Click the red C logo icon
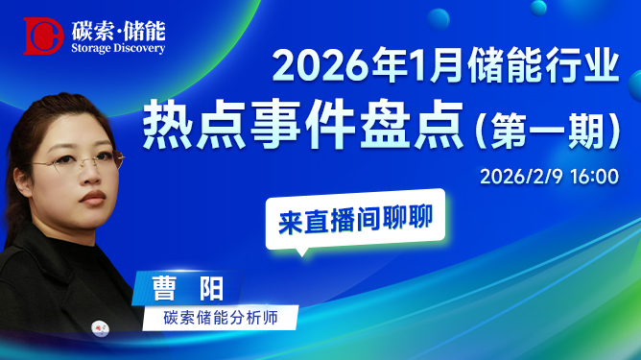[43, 36]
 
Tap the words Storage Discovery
[118, 48]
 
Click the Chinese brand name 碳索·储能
[119, 31]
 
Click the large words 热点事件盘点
[303, 124]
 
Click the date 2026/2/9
[521, 177]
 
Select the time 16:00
[594, 177]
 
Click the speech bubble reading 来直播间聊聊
[355, 220]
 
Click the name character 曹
[164, 289]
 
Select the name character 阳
[211, 289]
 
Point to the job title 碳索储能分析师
[221, 318]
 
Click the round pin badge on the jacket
[100, 328]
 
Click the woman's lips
[93, 198]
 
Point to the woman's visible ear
[21, 180]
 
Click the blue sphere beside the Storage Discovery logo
[439, 19]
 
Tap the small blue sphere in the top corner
[538, 8]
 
